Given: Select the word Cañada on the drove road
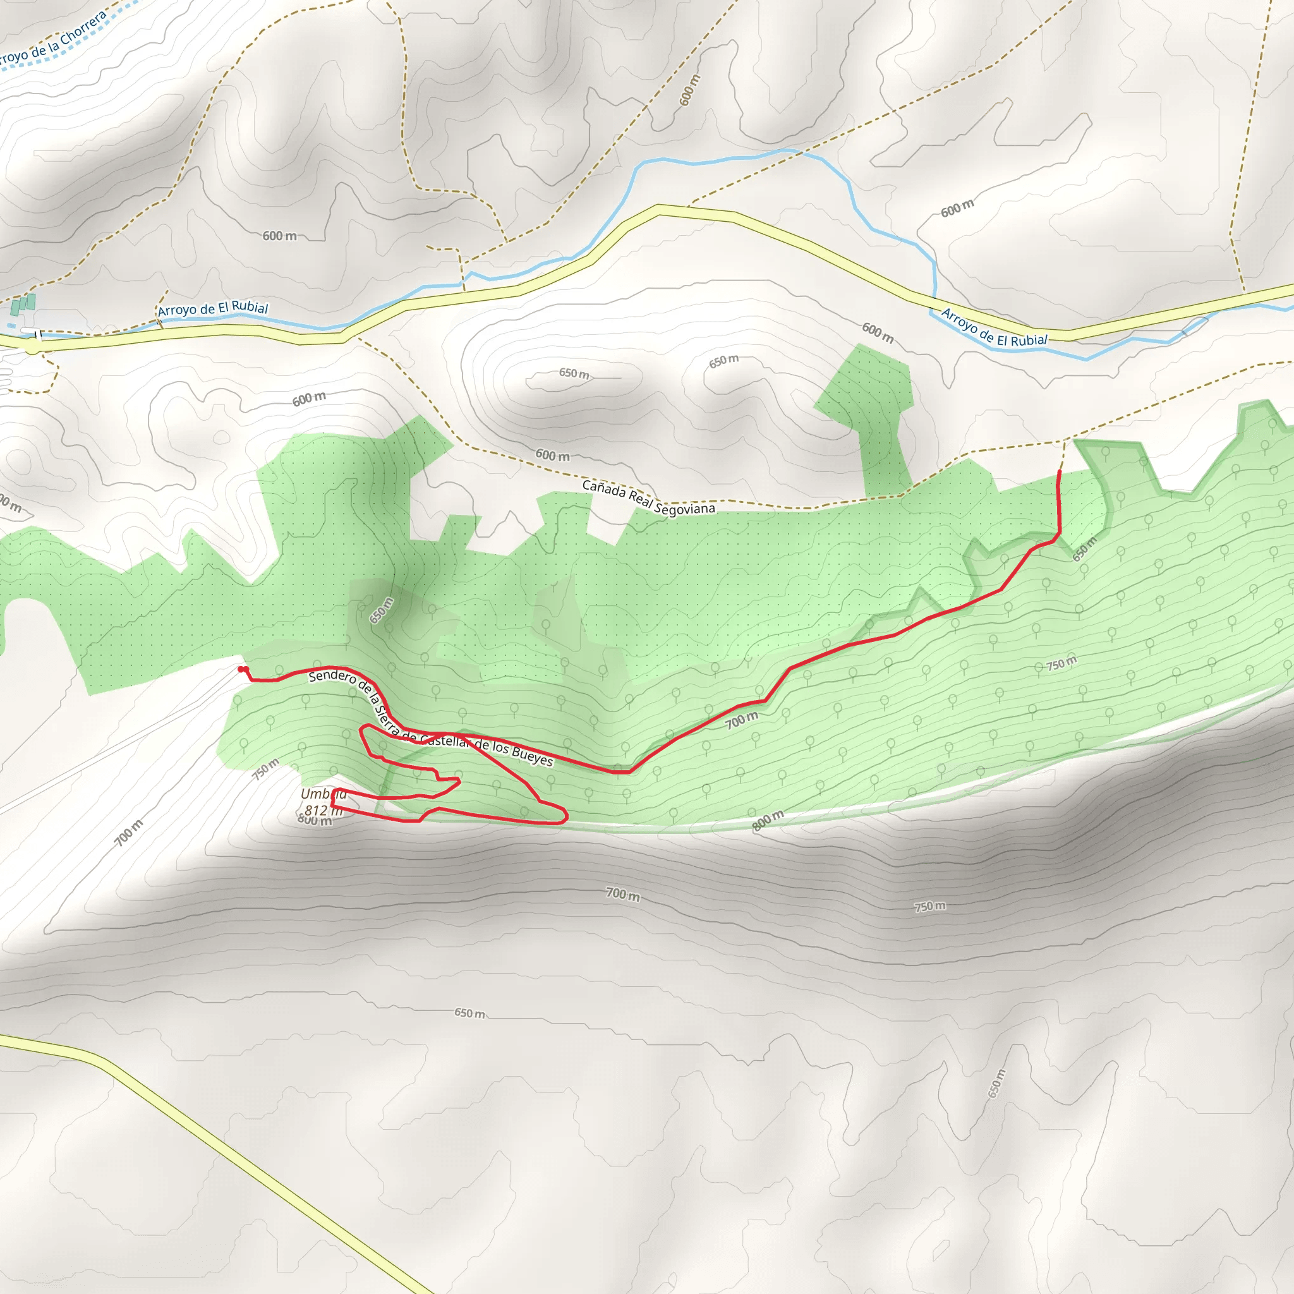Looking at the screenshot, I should [x=604, y=490].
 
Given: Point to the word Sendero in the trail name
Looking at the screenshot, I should [x=332, y=677].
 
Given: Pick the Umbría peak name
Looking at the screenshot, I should [x=323, y=794].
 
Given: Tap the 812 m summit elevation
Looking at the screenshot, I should [x=323, y=810].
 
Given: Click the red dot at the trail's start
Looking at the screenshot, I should [x=242, y=669].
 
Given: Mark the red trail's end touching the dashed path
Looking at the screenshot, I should [x=1059, y=471].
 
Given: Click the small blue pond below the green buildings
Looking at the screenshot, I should [x=11, y=325].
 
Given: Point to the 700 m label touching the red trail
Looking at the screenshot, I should [x=741, y=721].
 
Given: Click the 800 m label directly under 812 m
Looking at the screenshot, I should [x=315, y=821].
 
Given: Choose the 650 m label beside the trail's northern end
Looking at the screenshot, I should [x=1084, y=548].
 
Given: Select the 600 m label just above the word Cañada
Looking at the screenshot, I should [x=553, y=456].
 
